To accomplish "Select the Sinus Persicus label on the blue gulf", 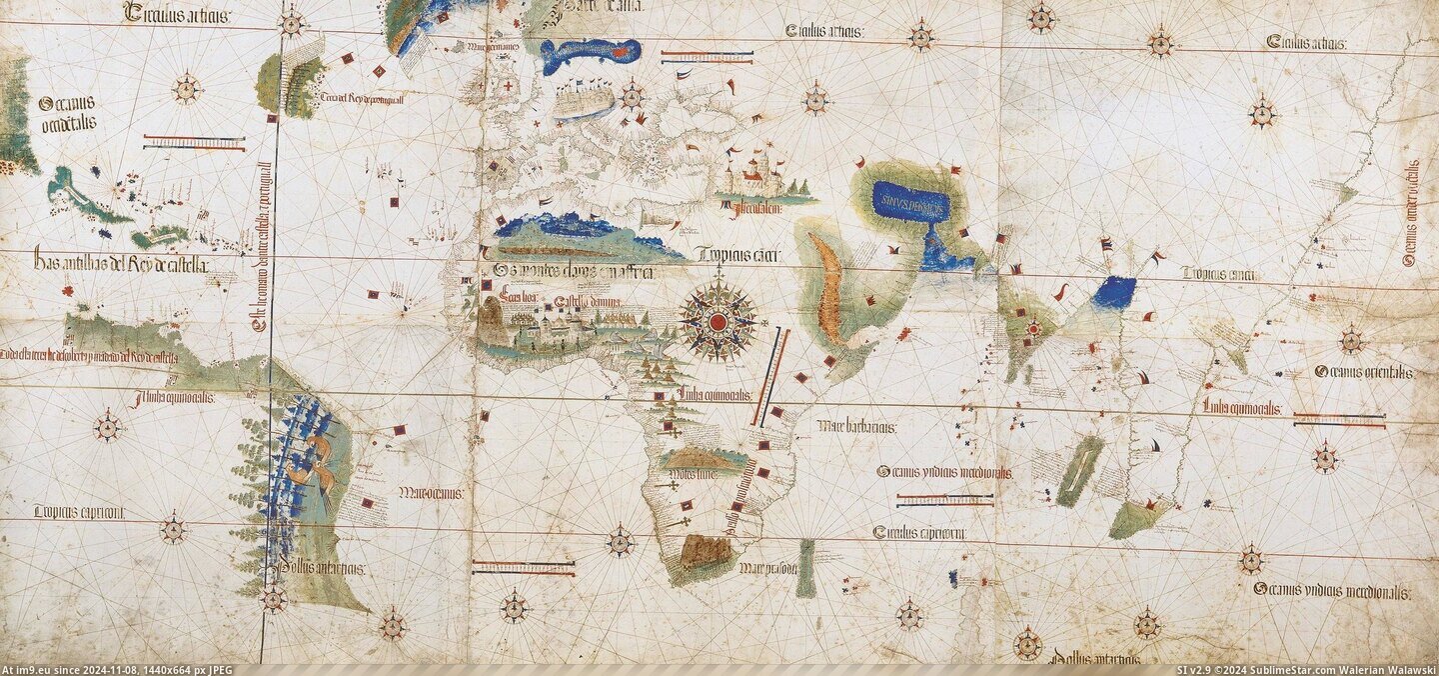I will click(x=909, y=200).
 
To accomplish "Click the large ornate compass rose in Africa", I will click(x=717, y=321).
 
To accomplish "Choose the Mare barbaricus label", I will click(x=856, y=427).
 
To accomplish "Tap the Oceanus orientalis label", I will click(x=1364, y=371).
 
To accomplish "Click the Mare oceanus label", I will click(x=429, y=492).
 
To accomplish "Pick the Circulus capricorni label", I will click(x=918, y=533).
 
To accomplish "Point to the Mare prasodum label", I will click(x=767, y=569).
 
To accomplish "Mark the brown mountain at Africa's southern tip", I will click(x=706, y=551).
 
